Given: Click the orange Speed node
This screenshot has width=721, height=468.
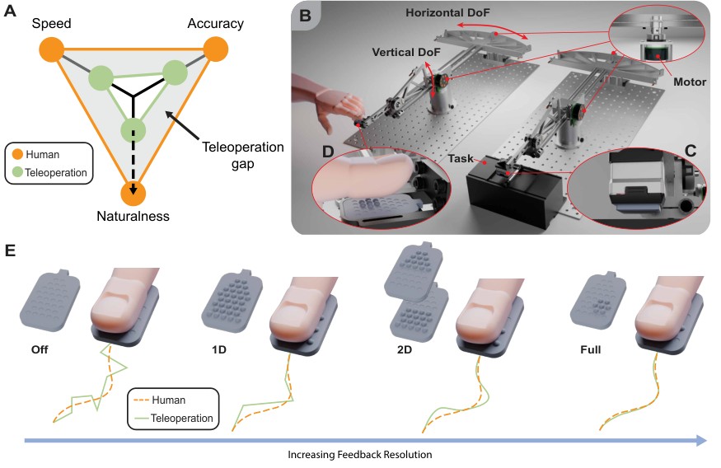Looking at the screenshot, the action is [51, 49].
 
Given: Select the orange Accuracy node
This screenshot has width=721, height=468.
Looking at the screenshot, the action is [216, 49].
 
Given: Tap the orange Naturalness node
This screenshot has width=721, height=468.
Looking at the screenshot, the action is [133, 194].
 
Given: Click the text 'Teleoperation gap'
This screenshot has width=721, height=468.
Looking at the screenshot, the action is [243, 156].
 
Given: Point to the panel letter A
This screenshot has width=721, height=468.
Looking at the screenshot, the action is [10, 11].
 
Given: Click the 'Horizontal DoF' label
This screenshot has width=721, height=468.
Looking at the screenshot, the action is [447, 13].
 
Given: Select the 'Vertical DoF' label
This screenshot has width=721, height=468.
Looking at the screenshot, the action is [406, 53].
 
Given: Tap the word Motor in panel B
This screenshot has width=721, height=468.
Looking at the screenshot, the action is [690, 82].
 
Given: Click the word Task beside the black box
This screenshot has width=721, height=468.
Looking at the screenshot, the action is [461, 158].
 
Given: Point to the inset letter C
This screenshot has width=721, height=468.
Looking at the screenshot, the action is [691, 151].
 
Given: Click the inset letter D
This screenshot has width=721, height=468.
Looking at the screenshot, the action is [328, 152].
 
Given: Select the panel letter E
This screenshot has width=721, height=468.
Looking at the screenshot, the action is [10, 250].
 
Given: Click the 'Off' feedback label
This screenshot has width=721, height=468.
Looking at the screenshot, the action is [40, 350].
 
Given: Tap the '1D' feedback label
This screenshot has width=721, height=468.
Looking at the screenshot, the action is [219, 350].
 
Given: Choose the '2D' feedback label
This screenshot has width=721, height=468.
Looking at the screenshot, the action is [405, 350].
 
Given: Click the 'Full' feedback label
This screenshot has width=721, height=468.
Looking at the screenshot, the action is [591, 350].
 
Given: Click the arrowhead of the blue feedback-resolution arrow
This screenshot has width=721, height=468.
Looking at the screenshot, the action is [702, 441].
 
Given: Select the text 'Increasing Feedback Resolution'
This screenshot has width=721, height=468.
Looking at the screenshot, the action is [360, 455].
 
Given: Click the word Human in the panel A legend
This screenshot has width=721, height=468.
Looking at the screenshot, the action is [42, 154].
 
